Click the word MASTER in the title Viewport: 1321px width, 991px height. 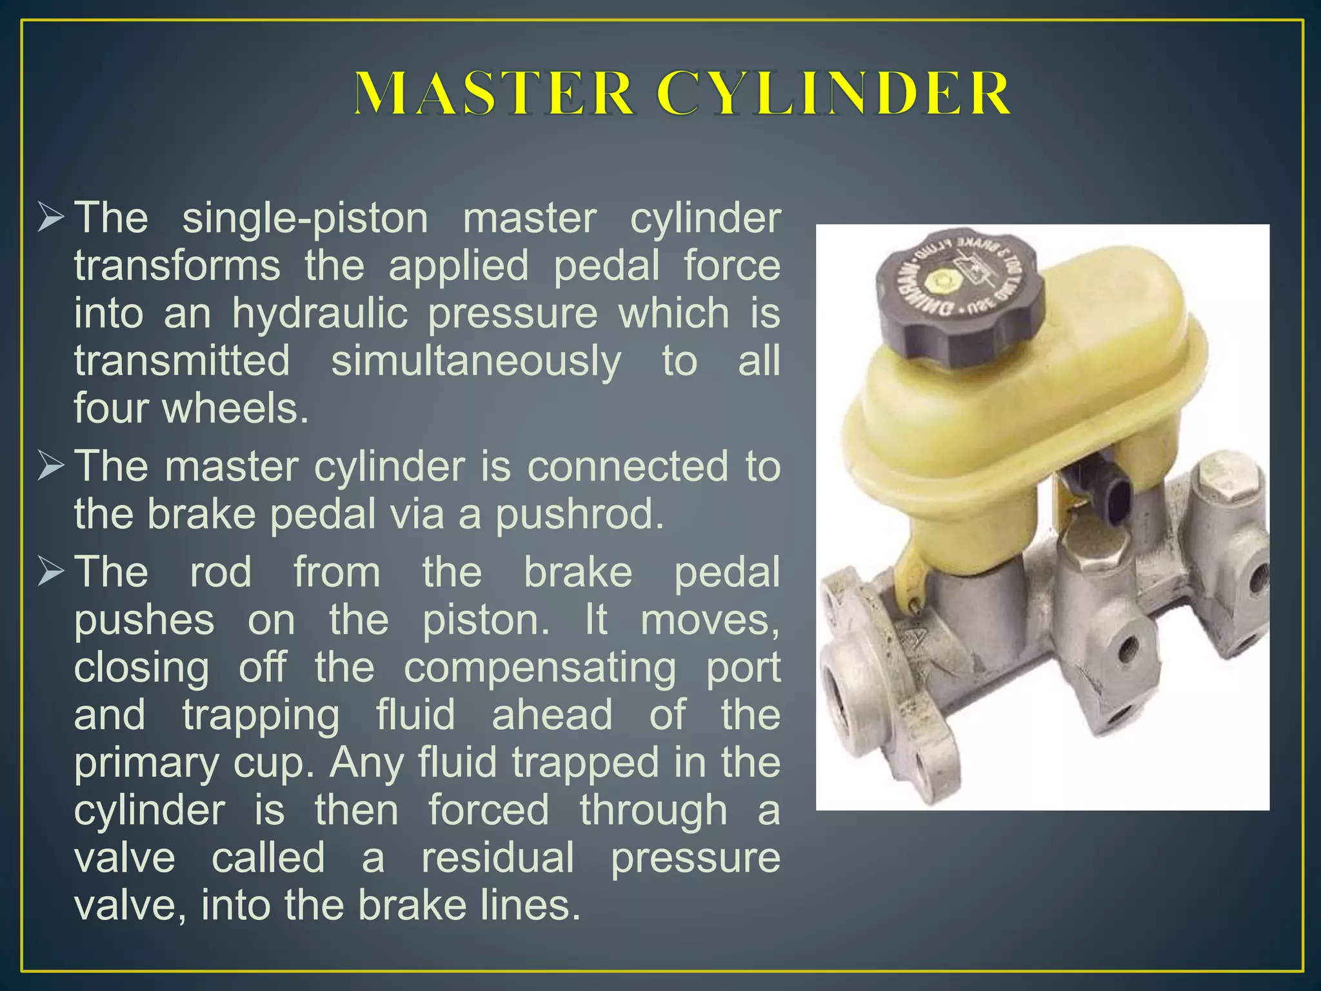point(493,94)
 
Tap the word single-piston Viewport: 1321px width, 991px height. point(305,218)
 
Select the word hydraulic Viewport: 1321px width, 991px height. point(320,314)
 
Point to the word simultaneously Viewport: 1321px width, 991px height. point(476,361)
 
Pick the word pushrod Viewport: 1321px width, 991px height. point(579,514)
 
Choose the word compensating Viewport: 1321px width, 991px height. point(540,667)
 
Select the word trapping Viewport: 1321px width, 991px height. point(261,715)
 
